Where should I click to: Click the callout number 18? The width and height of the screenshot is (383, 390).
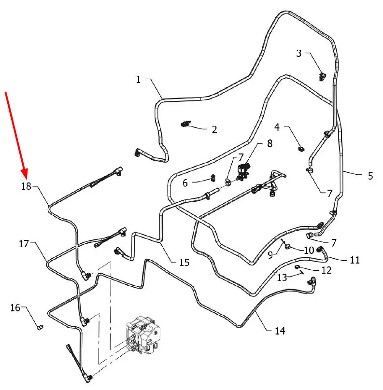point(26,186)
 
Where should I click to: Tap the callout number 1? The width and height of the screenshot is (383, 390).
point(138,80)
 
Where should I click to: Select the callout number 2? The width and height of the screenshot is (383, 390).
point(214,129)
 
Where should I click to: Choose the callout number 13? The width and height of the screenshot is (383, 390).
point(282,278)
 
